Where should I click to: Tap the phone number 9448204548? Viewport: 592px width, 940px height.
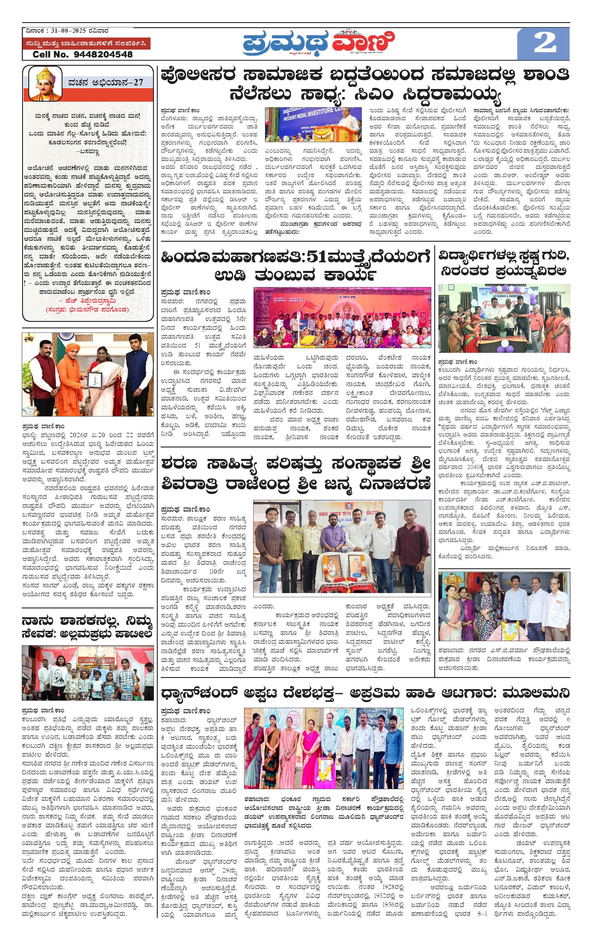point(103,54)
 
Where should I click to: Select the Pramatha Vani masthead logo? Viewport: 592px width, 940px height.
point(318,42)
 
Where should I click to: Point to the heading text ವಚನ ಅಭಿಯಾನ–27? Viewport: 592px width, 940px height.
point(106,82)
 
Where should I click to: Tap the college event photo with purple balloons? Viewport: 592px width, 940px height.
point(504,318)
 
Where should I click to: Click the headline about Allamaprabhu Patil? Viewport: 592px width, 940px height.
point(87,627)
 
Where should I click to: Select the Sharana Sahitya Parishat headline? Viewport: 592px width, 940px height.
point(296,474)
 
